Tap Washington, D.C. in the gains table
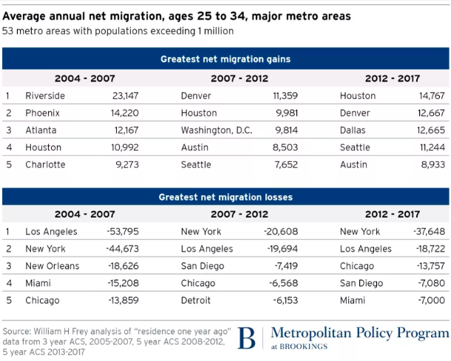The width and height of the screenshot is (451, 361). pyautogui.click(x=217, y=130)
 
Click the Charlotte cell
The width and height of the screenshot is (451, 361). pyautogui.click(x=45, y=164)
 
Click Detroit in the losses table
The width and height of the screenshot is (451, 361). pyautogui.click(x=196, y=300)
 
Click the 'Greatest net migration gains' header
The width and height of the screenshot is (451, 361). pyautogui.click(x=225, y=58)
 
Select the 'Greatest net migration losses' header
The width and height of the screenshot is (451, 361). pyautogui.click(x=225, y=198)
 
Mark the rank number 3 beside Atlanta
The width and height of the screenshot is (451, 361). pyautogui.click(x=7, y=130)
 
